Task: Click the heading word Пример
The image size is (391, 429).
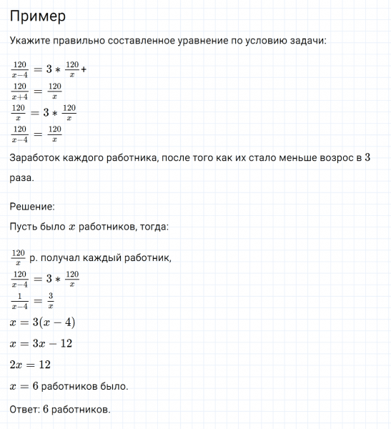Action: point(38,16)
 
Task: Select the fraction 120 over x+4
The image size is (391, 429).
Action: point(20,92)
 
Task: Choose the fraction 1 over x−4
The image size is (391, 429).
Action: point(20,300)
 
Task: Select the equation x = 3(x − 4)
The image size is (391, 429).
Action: point(42,322)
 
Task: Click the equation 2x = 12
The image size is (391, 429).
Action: point(31,365)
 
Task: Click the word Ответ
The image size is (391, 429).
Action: point(24,410)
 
